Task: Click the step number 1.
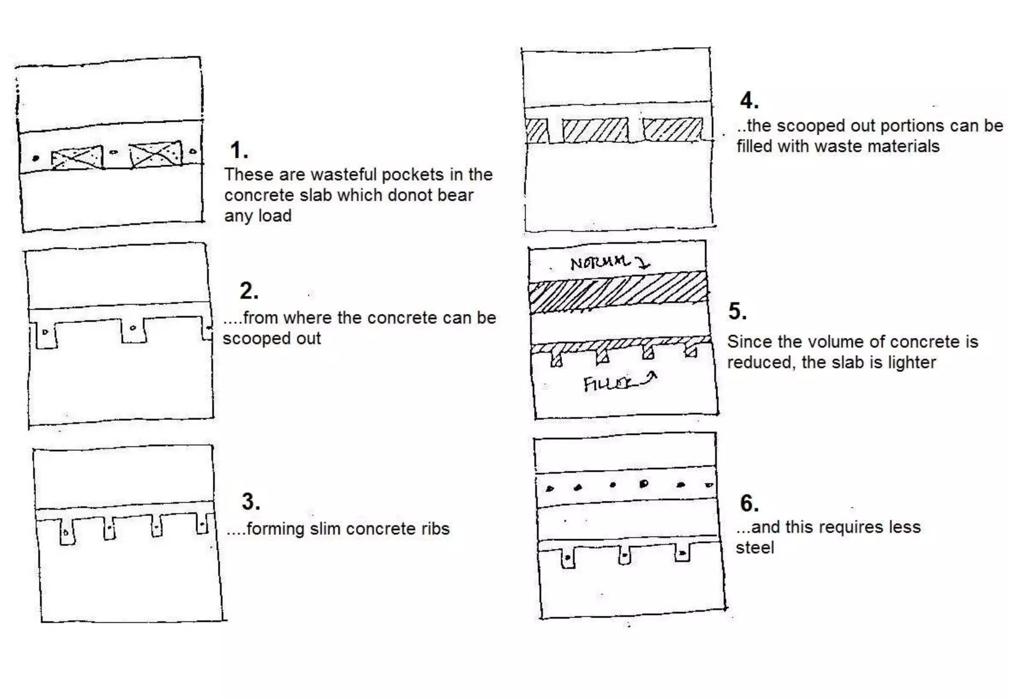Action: click(238, 150)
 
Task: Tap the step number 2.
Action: click(248, 291)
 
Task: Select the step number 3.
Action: click(250, 502)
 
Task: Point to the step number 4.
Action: click(748, 101)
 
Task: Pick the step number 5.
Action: click(737, 312)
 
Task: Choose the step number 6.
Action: click(749, 503)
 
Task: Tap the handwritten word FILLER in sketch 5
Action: click(608, 384)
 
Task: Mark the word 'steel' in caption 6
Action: click(755, 548)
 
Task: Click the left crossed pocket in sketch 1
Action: click(77, 158)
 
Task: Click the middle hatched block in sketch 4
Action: click(596, 130)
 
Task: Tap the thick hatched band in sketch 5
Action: click(618, 292)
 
